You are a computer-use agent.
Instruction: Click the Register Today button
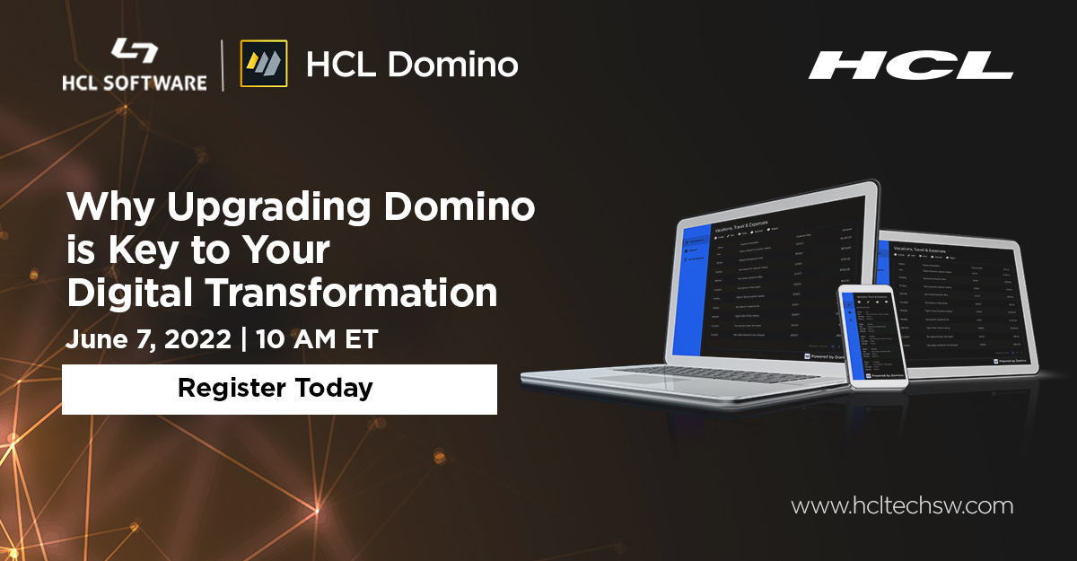pos(278,389)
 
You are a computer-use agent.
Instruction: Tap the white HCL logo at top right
pos(910,66)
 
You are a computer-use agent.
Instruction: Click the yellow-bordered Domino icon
pos(264,64)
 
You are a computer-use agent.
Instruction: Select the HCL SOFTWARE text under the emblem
pos(135,83)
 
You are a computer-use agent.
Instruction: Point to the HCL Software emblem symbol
pos(136,51)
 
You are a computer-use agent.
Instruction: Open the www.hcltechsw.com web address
pos(902,506)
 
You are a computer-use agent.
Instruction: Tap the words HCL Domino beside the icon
pos(412,65)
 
